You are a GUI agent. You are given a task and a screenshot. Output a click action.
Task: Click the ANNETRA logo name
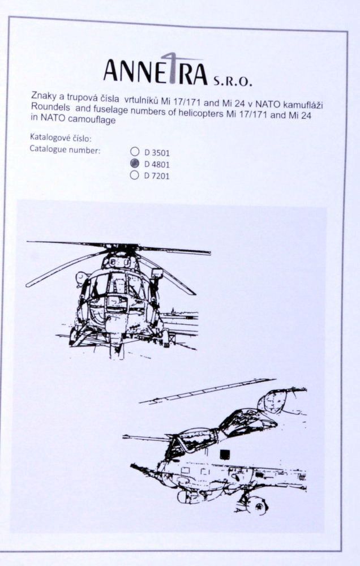(x=151, y=70)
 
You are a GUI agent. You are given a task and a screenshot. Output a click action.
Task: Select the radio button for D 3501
(x=135, y=152)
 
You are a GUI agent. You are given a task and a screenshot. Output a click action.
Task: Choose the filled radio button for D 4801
(x=135, y=164)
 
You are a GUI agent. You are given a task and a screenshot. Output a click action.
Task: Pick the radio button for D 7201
(x=135, y=175)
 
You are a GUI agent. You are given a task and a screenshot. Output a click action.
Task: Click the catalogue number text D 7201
(x=157, y=175)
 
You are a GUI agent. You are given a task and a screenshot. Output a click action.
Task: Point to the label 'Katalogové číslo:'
(x=59, y=138)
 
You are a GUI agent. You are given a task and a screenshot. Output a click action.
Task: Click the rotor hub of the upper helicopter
(x=121, y=249)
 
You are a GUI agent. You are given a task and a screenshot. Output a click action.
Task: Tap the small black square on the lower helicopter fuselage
(x=225, y=452)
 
